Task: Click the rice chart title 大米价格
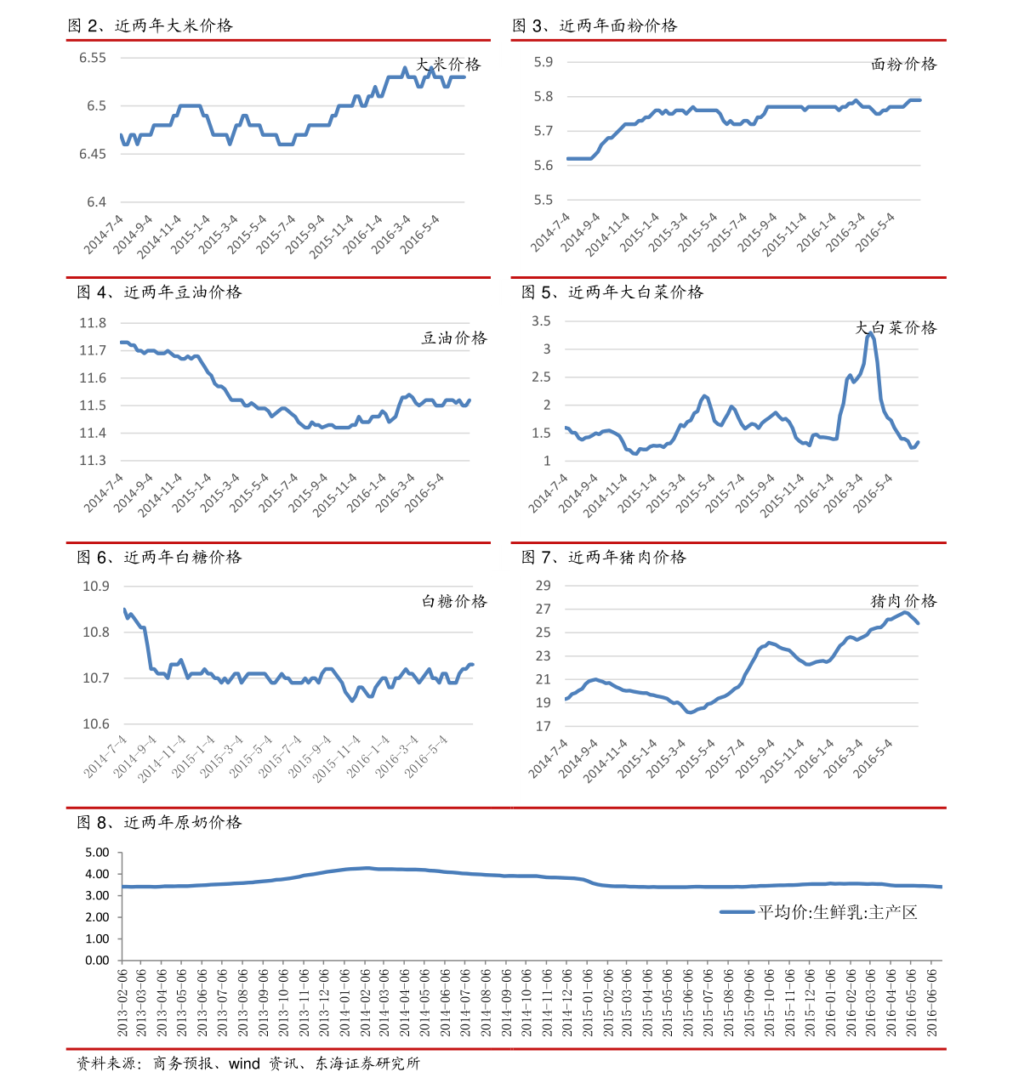(448, 65)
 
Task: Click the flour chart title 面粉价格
(903, 64)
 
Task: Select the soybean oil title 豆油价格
(454, 337)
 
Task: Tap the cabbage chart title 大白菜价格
(896, 327)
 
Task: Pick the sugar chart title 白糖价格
(454, 601)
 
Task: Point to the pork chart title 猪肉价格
(903, 601)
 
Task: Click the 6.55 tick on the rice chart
(93, 58)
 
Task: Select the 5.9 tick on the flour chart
(543, 62)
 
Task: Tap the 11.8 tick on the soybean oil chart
(93, 323)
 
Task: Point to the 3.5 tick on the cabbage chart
(541, 321)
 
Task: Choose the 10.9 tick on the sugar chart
(96, 587)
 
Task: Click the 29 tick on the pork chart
(543, 586)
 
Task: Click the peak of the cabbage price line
(869, 335)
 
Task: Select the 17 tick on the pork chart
(543, 727)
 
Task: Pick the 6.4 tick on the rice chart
(96, 202)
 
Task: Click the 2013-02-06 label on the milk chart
(122, 1003)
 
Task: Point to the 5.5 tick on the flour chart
(543, 201)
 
